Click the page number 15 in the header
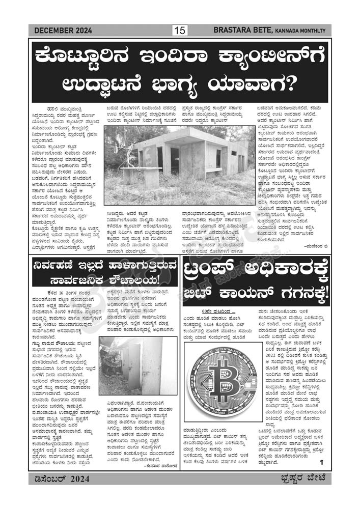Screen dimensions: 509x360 (180, 31)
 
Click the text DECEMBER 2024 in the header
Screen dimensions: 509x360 (63, 31)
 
